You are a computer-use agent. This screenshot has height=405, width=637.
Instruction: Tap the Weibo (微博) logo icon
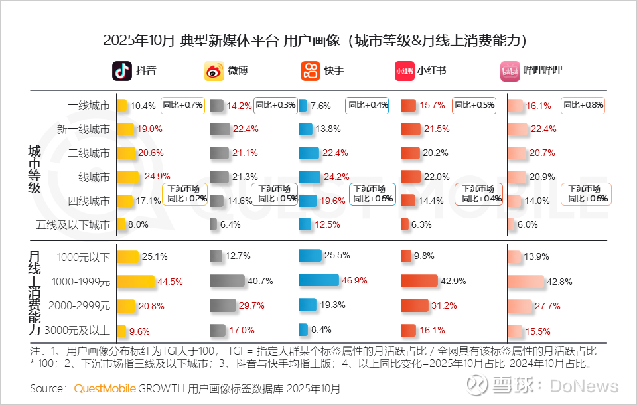tap(214, 70)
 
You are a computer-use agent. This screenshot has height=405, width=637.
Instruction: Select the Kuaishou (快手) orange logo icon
tap(311, 70)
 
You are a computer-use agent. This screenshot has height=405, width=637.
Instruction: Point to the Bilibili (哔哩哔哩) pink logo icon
tap(510, 70)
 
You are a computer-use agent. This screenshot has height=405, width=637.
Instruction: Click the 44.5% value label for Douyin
tap(171, 281)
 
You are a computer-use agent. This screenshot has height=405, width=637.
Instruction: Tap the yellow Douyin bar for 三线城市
tap(127, 176)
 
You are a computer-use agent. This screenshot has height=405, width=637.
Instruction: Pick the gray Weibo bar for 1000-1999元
tap(226, 281)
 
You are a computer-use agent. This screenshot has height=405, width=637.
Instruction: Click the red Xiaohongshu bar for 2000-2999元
tap(417, 305)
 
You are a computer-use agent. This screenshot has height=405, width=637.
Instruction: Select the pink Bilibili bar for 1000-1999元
tap(526, 281)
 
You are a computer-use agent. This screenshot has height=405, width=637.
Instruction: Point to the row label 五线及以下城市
tap(73, 224)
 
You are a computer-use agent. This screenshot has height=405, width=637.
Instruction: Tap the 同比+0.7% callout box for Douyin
tap(183, 105)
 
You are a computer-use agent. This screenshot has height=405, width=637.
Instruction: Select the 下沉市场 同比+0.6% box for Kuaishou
tap(372, 193)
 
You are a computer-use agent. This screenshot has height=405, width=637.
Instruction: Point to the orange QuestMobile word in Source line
tap(105, 388)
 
